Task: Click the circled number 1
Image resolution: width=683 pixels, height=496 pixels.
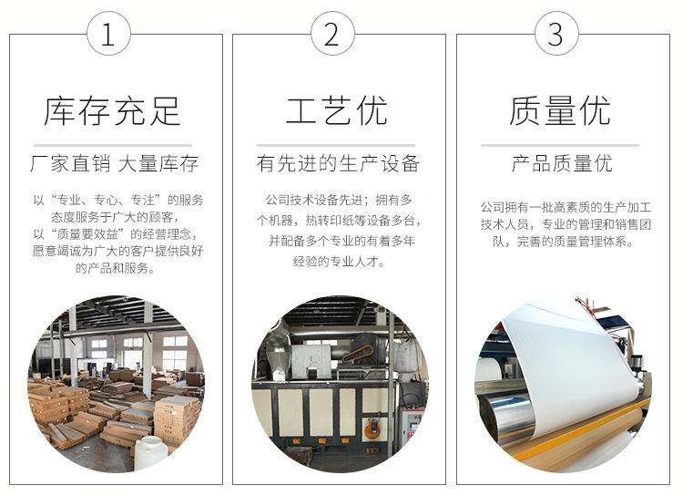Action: pyautogui.click(x=108, y=34)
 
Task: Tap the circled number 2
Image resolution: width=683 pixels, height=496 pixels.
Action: pyautogui.click(x=332, y=34)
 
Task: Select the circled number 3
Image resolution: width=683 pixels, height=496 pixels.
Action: pyautogui.click(x=556, y=34)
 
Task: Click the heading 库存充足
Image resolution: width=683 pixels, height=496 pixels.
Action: pyautogui.click(x=112, y=111)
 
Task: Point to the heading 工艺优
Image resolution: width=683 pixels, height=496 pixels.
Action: pyautogui.click(x=336, y=111)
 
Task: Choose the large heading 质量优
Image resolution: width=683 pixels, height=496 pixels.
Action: pyautogui.click(x=560, y=111)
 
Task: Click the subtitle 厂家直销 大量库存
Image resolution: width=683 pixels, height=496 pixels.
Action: pyautogui.click(x=115, y=163)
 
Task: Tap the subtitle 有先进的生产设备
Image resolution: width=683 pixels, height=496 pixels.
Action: pyautogui.click(x=338, y=163)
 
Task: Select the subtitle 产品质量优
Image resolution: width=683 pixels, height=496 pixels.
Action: pyautogui.click(x=562, y=163)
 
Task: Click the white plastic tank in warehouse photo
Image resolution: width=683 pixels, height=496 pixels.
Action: pyautogui.click(x=150, y=454)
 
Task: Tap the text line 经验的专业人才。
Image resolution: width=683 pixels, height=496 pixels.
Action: pyautogui.click(x=339, y=262)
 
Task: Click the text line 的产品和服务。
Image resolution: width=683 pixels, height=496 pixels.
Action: pyautogui.click(x=116, y=268)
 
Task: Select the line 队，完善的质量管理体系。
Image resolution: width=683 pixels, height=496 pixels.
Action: pyautogui.click(x=563, y=242)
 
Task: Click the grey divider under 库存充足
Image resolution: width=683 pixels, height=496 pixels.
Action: pyautogui.click(x=113, y=145)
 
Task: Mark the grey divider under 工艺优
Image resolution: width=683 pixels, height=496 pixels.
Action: pyautogui.click(x=336, y=145)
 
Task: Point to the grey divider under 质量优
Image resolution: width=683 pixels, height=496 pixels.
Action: pyautogui.click(x=560, y=145)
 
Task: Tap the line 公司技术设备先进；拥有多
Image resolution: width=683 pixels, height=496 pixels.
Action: pyautogui.click(x=339, y=201)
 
